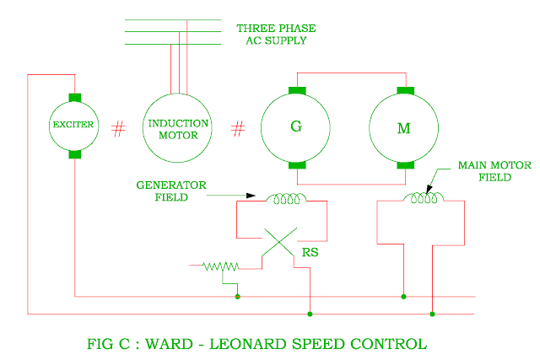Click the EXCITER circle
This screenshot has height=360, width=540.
pos(73,126)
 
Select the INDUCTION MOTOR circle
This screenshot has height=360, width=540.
pos(178,127)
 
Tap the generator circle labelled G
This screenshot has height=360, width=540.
pos(295,127)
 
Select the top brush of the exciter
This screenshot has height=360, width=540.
pos(73,98)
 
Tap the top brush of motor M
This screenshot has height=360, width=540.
pos(404,90)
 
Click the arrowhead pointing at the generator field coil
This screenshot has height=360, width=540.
pos(250,196)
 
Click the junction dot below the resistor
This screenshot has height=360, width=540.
pos(238,296)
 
